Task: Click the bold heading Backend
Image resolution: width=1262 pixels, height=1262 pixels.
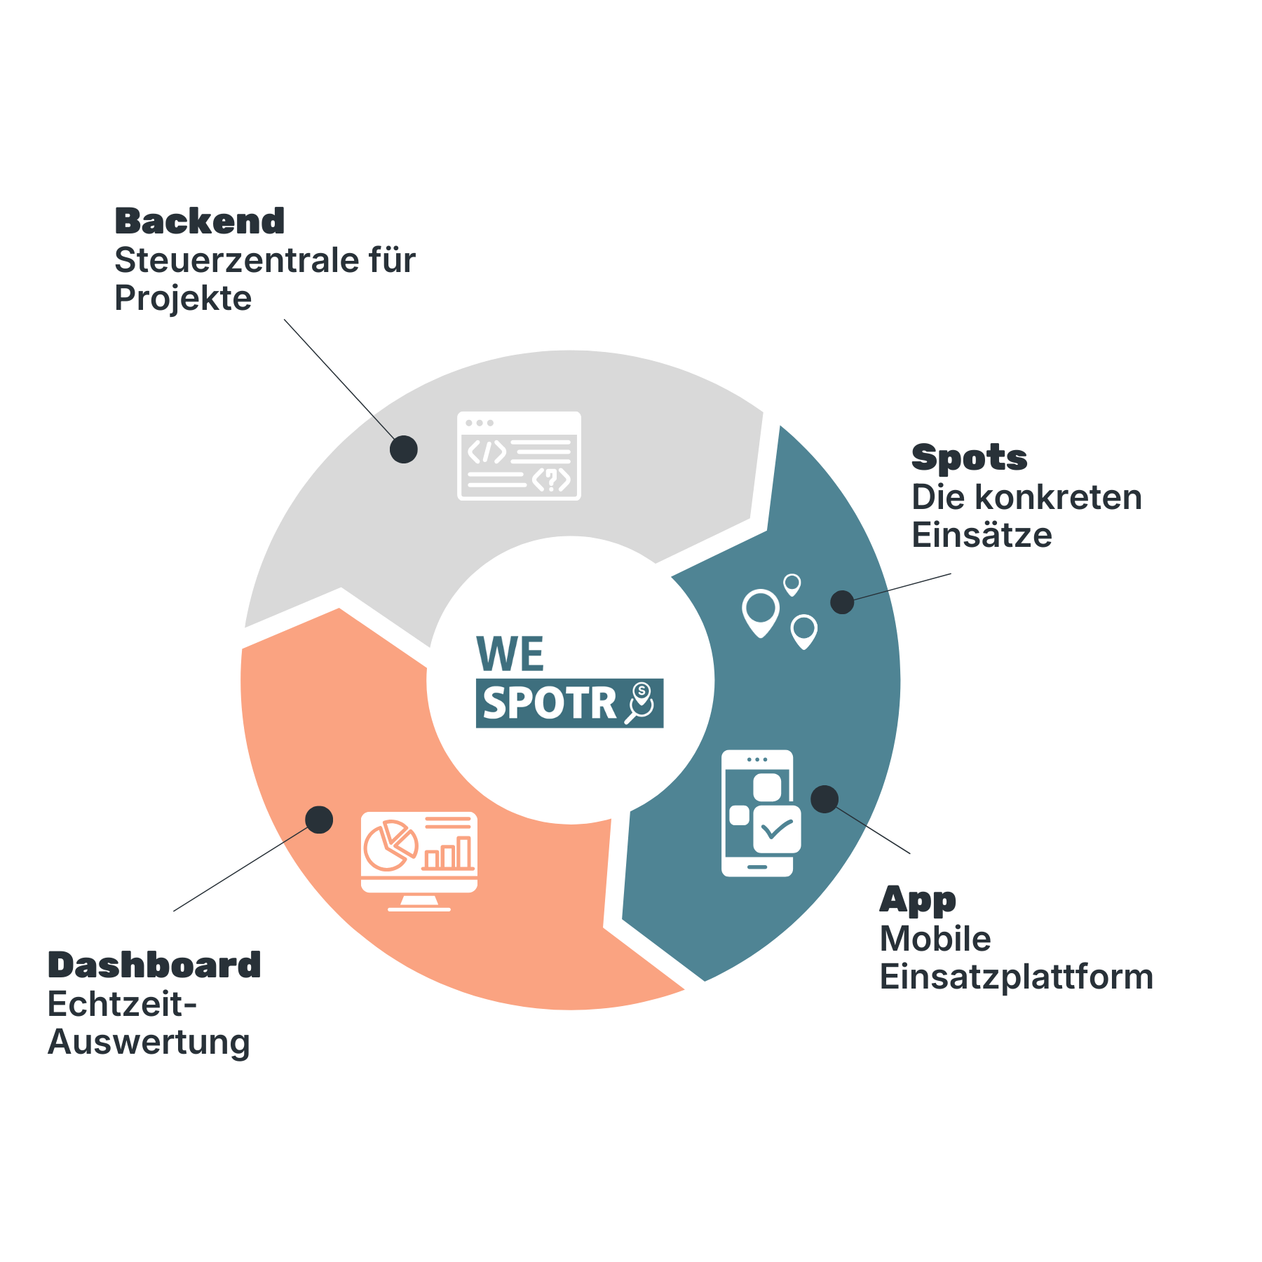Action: tap(200, 222)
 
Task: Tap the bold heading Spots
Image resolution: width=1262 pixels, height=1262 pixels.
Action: tap(969, 459)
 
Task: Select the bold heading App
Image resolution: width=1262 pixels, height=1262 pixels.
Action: tap(918, 900)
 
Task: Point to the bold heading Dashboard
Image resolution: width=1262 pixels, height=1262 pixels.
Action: tap(154, 965)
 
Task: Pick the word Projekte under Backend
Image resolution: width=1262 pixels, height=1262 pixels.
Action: tap(183, 299)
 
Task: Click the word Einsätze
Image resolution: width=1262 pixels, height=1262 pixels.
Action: tap(982, 536)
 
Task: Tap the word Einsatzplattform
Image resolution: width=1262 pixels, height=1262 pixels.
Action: tap(1017, 977)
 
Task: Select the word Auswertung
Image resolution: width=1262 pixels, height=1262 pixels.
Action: tap(149, 1043)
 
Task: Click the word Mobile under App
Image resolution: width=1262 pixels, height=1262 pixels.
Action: tap(935, 939)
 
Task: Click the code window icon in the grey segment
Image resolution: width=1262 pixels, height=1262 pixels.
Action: tap(519, 456)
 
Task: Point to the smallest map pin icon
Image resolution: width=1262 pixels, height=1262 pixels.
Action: tap(792, 584)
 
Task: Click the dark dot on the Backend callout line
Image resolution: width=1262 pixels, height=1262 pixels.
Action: tap(404, 449)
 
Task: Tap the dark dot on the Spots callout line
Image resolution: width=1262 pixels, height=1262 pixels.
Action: tap(842, 602)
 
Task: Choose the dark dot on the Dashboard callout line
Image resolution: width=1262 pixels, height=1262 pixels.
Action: tap(319, 820)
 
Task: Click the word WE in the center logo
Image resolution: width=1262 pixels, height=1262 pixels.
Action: tap(510, 654)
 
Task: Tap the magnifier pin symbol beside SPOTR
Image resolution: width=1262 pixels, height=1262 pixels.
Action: tap(641, 703)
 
